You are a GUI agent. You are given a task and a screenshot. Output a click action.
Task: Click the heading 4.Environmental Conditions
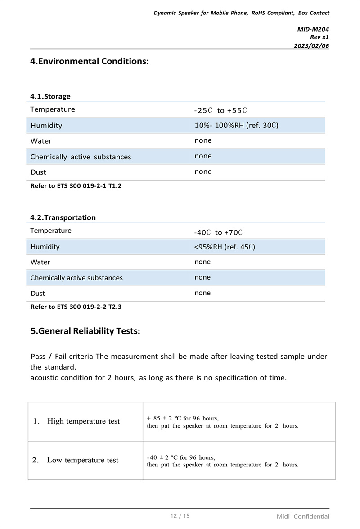click(x=89, y=61)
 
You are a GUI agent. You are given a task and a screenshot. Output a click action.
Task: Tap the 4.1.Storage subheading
click(x=50, y=96)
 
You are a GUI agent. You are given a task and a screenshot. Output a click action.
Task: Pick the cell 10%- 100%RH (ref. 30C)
click(x=236, y=126)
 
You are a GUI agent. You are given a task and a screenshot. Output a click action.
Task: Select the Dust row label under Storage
click(x=38, y=172)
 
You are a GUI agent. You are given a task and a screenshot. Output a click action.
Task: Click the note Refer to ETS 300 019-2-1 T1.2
click(x=76, y=186)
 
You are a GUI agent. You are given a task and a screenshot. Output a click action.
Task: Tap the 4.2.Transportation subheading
click(x=63, y=217)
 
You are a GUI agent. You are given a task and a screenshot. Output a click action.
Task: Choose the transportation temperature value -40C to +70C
click(x=218, y=232)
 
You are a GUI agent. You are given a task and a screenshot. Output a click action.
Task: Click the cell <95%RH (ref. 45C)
click(x=225, y=247)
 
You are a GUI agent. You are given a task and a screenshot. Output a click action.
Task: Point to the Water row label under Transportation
click(x=40, y=262)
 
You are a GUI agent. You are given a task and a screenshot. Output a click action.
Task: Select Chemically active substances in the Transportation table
click(x=76, y=278)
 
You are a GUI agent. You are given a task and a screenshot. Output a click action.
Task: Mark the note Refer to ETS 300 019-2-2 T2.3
click(x=76, y=307)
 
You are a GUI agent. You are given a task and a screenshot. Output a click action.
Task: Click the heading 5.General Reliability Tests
click(x=85, y=331)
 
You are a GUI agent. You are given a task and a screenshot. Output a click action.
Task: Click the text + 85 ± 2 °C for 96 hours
click(x=183, y=418)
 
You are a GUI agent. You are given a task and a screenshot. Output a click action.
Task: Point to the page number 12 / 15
click(x=180, y=516)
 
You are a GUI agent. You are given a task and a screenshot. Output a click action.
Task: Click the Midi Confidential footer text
click(x=303, y=516)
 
